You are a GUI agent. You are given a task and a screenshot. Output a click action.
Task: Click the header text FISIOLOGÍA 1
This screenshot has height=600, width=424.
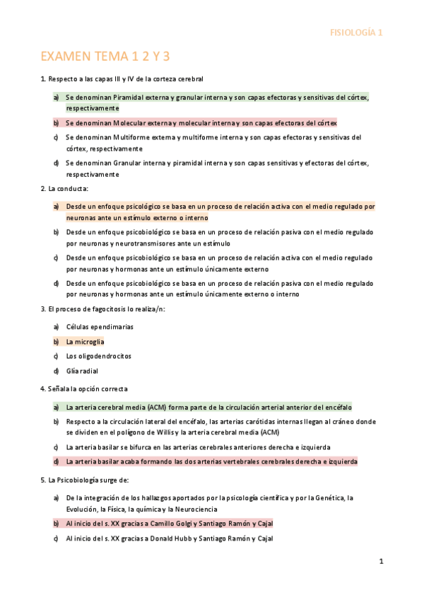click(357, 32)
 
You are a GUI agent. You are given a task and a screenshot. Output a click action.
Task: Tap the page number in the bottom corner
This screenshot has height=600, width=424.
click(381, 562)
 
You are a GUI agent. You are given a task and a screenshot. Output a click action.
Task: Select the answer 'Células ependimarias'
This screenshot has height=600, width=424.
click(100, 327)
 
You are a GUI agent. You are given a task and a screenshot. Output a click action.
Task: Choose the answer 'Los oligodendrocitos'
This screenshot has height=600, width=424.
click(98, 356)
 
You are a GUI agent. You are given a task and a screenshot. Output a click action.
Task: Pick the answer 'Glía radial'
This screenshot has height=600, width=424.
click(82, 371)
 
